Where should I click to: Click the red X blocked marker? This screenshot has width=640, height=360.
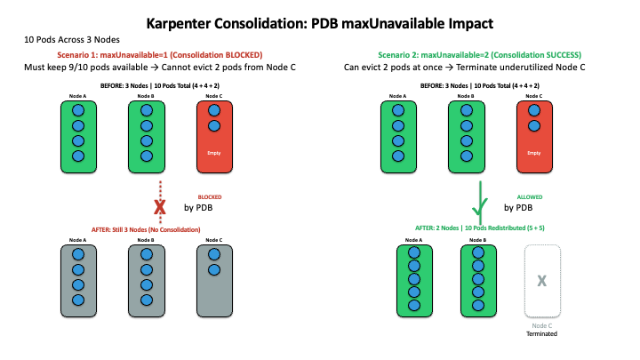tap(161, 207)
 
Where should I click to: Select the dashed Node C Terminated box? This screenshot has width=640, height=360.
tap(540, 279)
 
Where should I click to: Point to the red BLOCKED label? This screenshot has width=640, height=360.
tap(210, 196)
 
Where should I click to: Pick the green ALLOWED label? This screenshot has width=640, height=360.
tap(529, 196)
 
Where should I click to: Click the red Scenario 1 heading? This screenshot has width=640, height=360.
tap(160, 55)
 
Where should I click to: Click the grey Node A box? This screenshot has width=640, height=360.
tap(78, 278)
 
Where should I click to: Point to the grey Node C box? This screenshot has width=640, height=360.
tap(212, 278)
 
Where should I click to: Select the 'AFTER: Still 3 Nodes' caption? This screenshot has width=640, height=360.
tap(146, 229)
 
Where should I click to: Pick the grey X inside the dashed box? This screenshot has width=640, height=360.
tap(540, 281)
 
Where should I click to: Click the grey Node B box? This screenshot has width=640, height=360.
tap(146, 278)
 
